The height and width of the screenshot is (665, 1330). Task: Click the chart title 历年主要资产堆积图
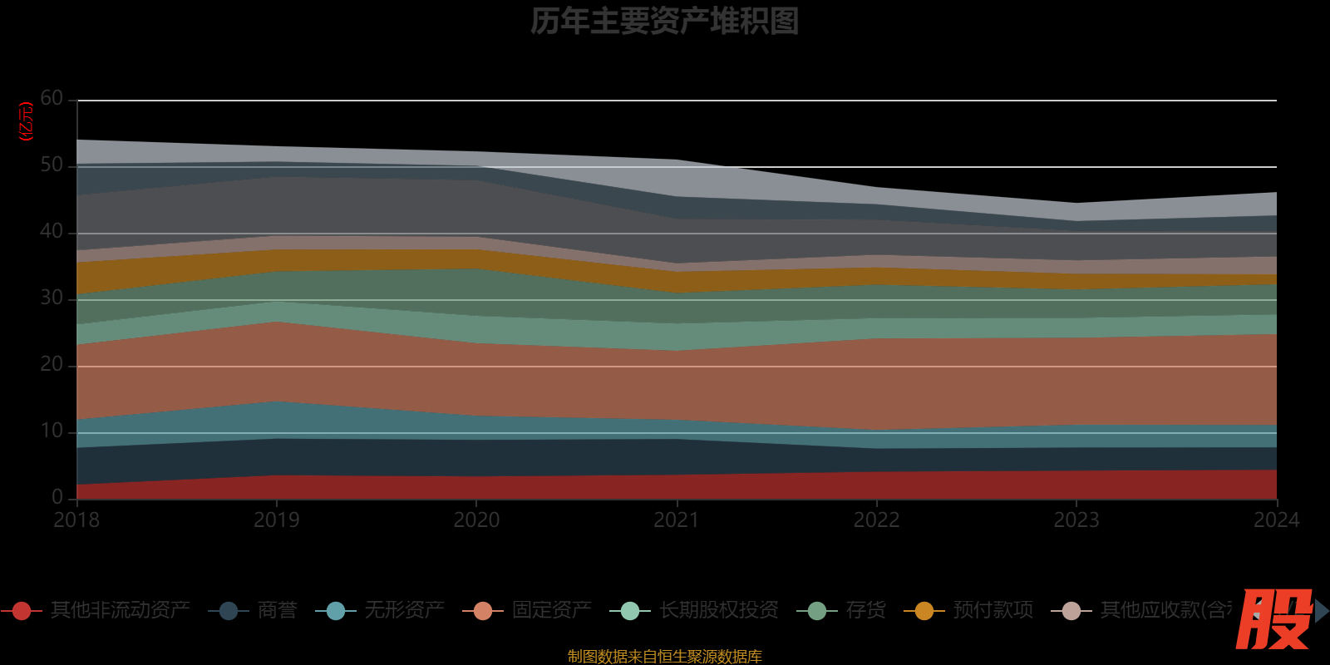pyautogui.click(x=664, y=22)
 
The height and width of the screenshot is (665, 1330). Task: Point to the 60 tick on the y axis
pyautogui.click(x=52, y=99)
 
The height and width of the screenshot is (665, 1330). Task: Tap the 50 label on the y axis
pyautogui.click(x=52, y=165)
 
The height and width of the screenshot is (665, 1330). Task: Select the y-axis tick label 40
pyautogui.click(x=52, y=232)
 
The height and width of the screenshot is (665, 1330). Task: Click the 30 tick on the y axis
pyautogui.click(x=52, y=298)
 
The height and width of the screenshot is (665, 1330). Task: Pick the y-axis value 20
pyautogui.click(x=52, y=365)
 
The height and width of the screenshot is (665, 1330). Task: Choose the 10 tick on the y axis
pyautogui.click(x=52, y=431)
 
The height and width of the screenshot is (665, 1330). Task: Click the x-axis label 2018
pyautogui.click(x=76, y=520)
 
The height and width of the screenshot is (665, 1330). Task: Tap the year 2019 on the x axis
pyautogui.click(x=277, y=520)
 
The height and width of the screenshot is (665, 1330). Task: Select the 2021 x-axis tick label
pyautogui.click(x=677, y=520)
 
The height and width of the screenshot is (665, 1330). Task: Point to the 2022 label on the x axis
pyautogui.click(x=876, y=520)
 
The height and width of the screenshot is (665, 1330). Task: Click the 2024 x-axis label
pyautogui.click(x=1276, y=520)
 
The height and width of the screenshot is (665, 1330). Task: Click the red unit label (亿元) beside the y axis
pyautogui.click(x=26, y=121)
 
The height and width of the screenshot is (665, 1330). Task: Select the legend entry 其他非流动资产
pyautogui.click(x=120, y=610)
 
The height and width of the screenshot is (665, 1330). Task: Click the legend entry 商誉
pyautogui.click(x=277, y=610)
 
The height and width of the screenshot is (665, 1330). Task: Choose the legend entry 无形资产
pyautogui.click(x=404, y=610)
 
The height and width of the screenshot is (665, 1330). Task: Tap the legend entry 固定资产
pyautogui.click(x=551, y=610)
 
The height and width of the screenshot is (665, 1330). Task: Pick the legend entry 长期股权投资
pyautogui.click(x=718, y=610)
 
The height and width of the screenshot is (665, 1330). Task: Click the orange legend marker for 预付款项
pyautogui.click(x=924, y=611)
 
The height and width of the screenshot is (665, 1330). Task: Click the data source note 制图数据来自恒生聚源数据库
pyautogui.click(x=664, y=657)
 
